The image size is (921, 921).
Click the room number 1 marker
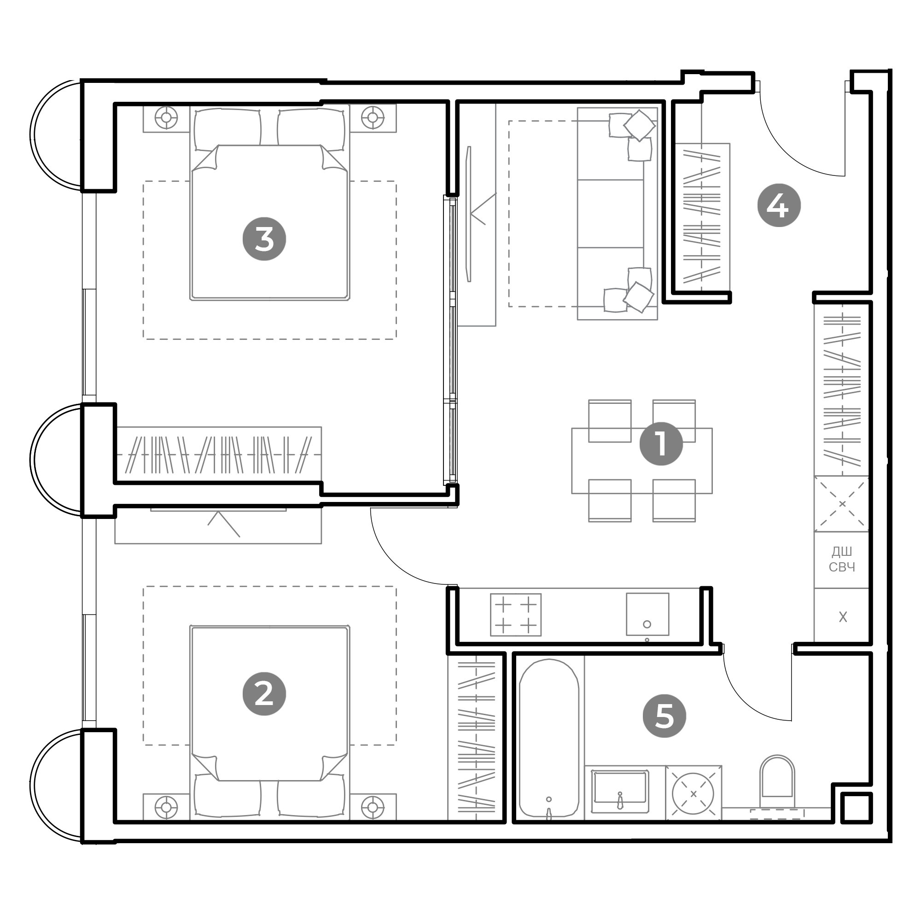tap(661, 444)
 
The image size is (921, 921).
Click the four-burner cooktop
tap(515, 614)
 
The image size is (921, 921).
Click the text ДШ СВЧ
tap(842, 559)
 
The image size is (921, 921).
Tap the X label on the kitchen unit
tap(843, 618)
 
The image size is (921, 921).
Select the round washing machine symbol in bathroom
tap(693, 794)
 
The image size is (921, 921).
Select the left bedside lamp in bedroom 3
tap(166, 117)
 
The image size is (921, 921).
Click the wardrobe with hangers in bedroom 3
tap(219, 455)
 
